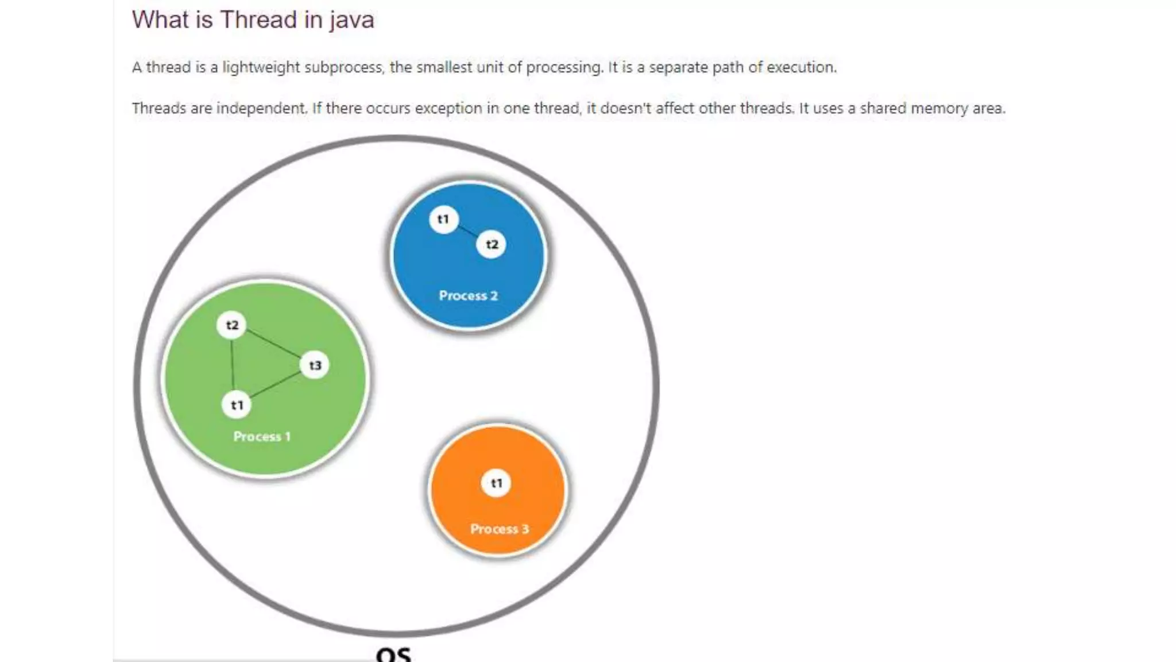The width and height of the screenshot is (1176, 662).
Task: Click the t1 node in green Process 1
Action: point(237,405)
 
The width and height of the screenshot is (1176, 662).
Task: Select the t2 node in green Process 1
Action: point(231,325)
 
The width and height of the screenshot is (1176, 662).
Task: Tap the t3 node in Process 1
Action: point(315,365)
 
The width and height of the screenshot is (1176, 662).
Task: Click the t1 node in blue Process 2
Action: point(443,219)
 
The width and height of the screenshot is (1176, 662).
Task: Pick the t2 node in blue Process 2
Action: point(492,244)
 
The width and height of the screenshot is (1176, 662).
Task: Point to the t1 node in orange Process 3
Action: point(496,483)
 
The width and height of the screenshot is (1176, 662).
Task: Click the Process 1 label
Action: point(262,437)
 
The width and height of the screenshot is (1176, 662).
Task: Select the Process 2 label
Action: point(468,295)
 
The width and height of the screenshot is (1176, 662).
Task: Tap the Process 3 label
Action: point(499,529)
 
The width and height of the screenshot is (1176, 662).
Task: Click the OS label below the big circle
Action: point(394,654)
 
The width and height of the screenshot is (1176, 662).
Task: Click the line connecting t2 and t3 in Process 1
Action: point(273,345)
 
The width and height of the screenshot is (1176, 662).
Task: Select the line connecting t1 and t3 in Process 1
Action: point(276,385)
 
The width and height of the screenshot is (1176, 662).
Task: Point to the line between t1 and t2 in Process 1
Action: point(233,365)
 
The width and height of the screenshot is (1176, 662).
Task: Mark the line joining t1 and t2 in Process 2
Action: point(467,232)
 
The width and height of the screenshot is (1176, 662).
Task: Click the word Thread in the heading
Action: point(258,20)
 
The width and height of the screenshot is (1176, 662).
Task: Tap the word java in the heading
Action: point(351,21)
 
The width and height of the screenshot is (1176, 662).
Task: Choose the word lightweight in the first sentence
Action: point(261,67)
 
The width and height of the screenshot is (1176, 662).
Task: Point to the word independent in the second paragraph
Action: point(261,109)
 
